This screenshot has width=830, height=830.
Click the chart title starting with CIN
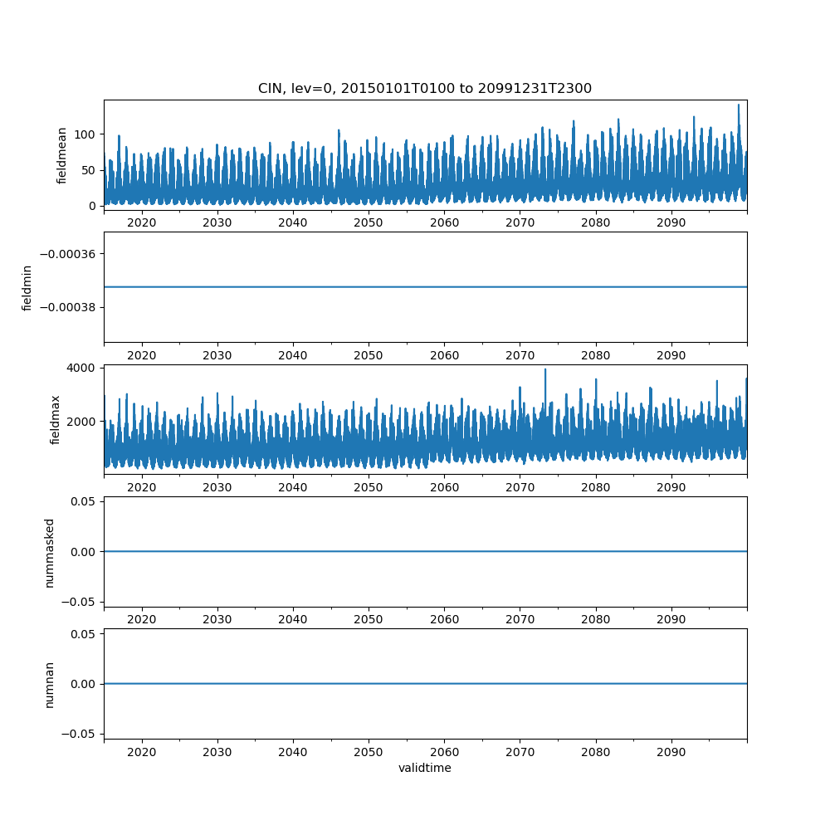424,89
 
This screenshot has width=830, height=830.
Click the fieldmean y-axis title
62,155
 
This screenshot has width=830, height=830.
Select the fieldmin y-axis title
27,288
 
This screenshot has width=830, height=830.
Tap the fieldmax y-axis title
56,419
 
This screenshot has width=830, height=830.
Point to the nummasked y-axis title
50,553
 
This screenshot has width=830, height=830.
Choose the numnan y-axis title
50,684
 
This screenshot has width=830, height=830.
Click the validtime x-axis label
424,769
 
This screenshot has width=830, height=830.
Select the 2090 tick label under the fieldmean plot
671,223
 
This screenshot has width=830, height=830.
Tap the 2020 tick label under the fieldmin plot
142,356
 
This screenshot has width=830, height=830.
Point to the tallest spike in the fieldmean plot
738,105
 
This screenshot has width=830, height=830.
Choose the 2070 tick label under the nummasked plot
520,620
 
